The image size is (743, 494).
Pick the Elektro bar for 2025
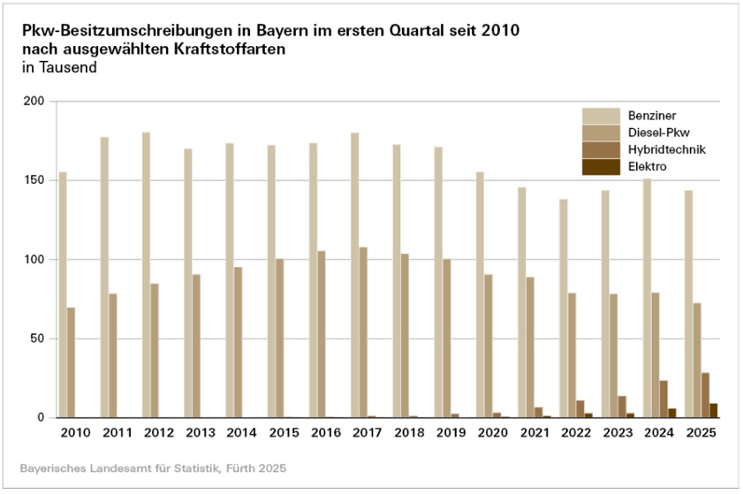click(x=714, y=410)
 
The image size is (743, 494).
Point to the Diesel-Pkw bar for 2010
click(x=71, y=362)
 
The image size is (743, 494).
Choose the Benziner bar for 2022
click(x=563, y=308)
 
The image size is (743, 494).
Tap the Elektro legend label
click(x=647, y=165)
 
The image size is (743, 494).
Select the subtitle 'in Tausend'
click(x=59, y=67)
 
